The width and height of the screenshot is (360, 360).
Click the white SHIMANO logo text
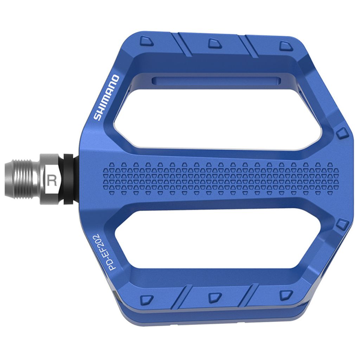(107, 97)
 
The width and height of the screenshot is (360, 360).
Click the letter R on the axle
(52, 180)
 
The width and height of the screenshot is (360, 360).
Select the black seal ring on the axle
(69, 178)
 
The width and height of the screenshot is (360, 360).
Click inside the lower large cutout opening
(218, 239)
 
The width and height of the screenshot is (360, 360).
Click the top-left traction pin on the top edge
(146, 41)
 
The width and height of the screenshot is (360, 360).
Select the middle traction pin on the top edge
(214, 43)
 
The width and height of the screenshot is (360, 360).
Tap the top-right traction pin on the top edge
(284, 45)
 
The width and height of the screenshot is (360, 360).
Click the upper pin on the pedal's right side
(342, 133)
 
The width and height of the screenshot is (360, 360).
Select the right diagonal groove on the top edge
(250, 46)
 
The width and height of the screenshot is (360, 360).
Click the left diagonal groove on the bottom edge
(184, 295)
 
